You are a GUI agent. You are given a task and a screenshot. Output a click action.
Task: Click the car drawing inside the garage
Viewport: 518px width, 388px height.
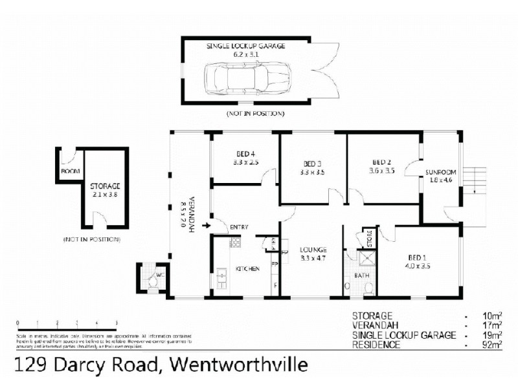[246, 80]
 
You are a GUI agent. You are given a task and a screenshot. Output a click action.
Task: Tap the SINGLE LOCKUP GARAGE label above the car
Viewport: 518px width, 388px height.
[245, 47]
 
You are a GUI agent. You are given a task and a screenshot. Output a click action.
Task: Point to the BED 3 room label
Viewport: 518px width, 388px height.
[313, 164]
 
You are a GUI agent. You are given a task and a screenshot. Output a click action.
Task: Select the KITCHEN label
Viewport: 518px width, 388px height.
[247, 268]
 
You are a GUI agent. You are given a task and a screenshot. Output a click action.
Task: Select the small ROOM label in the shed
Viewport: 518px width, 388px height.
[69, 172]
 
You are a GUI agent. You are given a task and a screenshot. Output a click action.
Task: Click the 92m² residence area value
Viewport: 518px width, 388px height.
[494, 345]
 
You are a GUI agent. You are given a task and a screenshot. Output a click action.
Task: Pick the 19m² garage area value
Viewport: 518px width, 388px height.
[494, 335]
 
